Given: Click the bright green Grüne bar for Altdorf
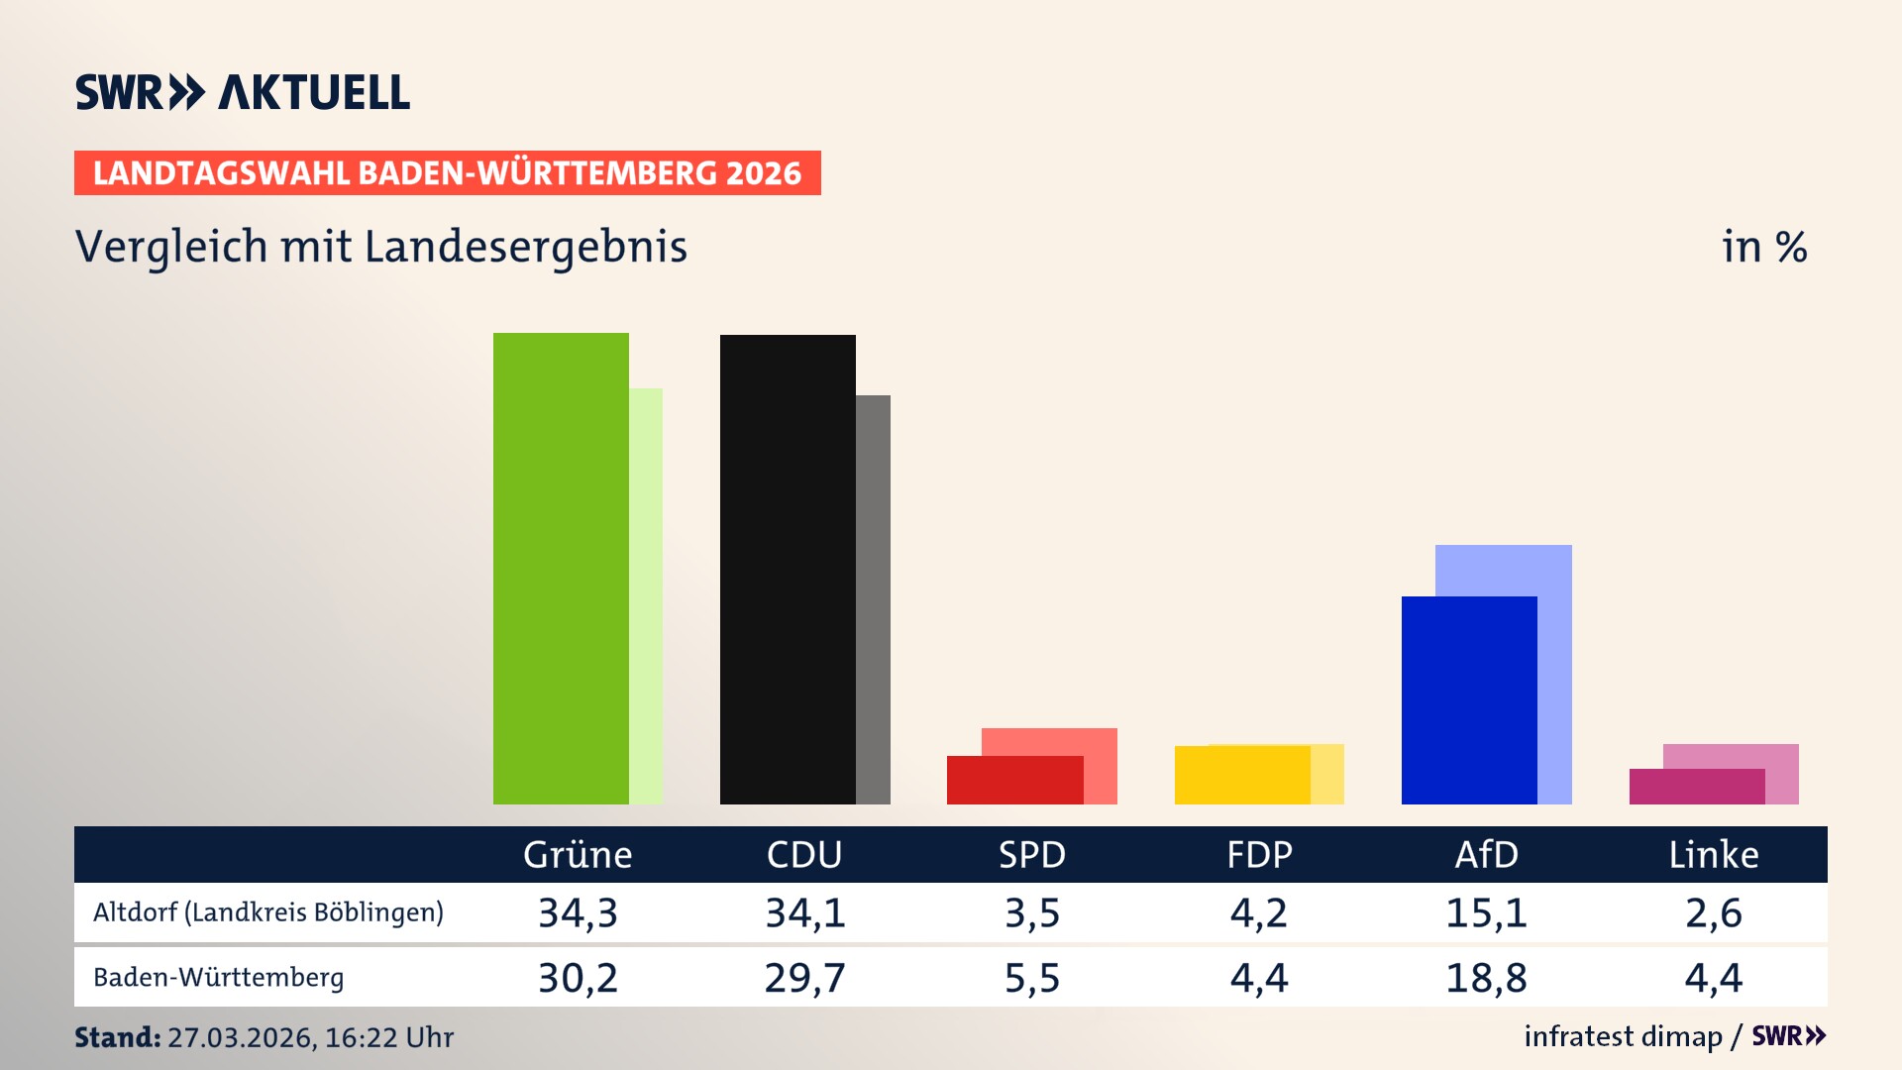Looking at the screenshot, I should point(561,569).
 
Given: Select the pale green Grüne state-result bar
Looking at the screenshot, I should point(646,594).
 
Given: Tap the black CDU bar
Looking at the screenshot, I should point(788,570).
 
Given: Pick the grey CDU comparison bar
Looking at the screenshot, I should point(873,599).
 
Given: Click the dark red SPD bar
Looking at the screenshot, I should point(1014,781).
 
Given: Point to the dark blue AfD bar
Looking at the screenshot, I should point(1469,700).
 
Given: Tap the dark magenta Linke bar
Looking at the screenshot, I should point(1696,787).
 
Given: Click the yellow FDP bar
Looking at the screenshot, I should point(1242,776).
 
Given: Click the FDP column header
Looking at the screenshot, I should point(1259,855).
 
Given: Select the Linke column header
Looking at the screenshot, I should point(1713,855).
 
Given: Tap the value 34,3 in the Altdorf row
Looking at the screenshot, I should point(578,912).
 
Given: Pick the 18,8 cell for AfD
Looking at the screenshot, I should point(1486,978).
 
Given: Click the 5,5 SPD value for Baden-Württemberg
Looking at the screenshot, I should point(1031,978).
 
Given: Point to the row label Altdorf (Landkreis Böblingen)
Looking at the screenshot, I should point(268,912).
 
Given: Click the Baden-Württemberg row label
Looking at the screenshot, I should point(219,978).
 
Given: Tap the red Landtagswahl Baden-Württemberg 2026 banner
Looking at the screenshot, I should point(447,173).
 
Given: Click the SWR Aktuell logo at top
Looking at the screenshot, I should point(243,92).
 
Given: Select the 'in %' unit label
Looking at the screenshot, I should point(1763,247).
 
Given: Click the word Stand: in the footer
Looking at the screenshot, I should point(117,1037).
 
